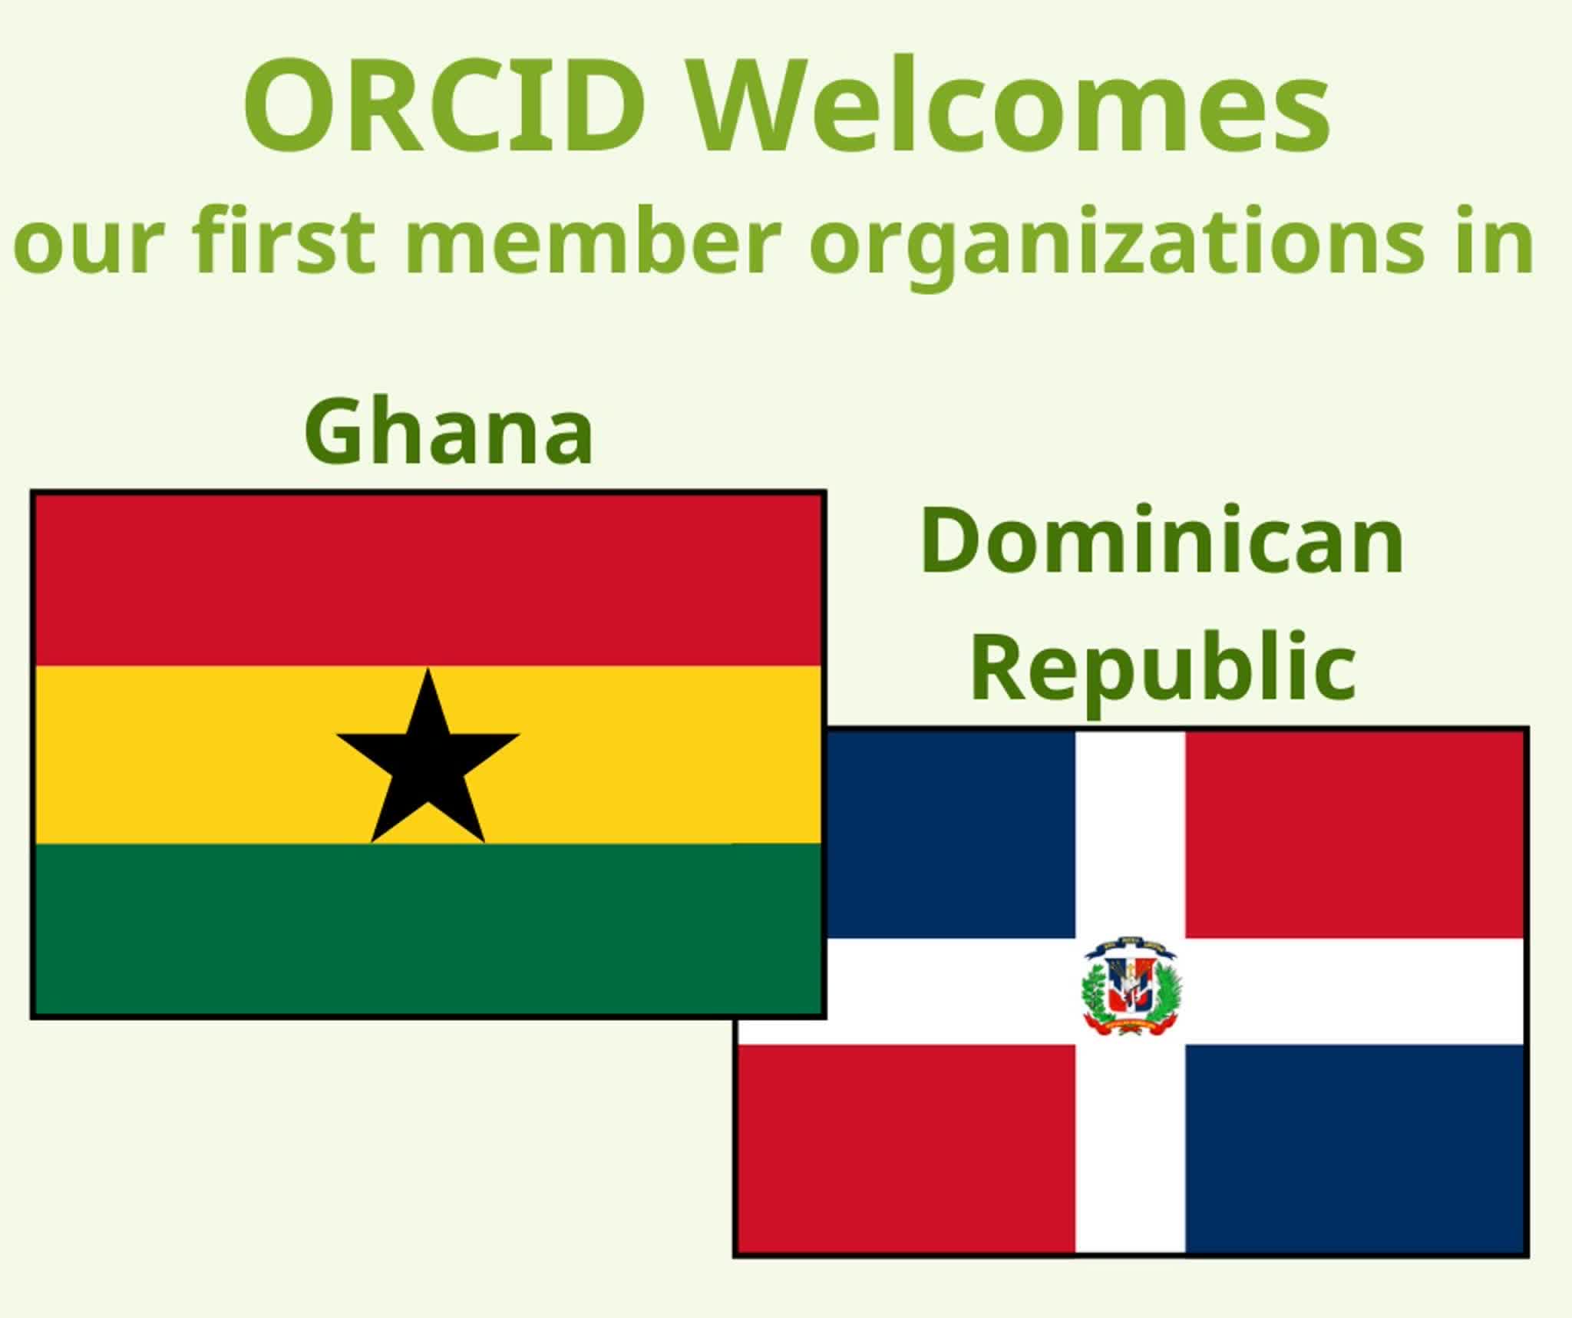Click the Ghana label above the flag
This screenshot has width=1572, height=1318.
coord(449,431)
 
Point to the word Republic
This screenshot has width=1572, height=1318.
coord(1163,666)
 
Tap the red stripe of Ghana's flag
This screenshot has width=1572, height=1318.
coord(428,580)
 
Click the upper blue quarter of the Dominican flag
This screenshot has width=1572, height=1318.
coord(950,834)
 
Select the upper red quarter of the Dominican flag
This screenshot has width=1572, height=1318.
coord(1354,834)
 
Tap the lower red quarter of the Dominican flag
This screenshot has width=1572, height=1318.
coord(907,1148)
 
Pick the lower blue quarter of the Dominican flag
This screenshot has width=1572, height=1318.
coord(1354,1148)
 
